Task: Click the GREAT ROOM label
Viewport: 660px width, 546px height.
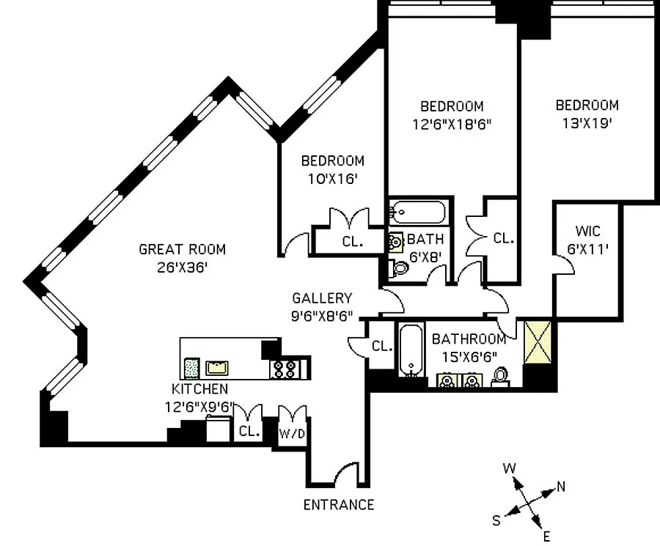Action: coord(182,249)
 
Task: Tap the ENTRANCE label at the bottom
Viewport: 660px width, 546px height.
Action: coord(339,504)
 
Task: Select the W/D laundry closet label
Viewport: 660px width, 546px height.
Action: coord(293,432)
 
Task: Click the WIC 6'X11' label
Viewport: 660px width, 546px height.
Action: coord(588,240)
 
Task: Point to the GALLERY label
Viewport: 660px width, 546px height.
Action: coord(322,298)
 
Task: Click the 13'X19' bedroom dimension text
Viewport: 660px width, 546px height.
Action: coord(587,124)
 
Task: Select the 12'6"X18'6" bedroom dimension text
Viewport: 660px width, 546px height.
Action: coord(452,125)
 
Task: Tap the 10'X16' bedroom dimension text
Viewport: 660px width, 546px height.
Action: coord(332,180)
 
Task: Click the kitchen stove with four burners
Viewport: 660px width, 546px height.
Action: coord(284,368)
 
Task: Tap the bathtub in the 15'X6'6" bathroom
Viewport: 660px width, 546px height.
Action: coord(409,350)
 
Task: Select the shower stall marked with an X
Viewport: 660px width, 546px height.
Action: coord(539,341)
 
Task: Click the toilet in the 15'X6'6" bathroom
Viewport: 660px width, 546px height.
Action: coord(502,377)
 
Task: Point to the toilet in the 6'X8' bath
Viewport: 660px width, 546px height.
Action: coord(399,268)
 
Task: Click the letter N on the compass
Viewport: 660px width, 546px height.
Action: coord(560,485)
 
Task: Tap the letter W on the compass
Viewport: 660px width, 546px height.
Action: coord(508,468)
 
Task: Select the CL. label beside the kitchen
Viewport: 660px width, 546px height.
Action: coord(249,432)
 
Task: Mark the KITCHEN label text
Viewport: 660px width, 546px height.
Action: coord(199,388)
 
